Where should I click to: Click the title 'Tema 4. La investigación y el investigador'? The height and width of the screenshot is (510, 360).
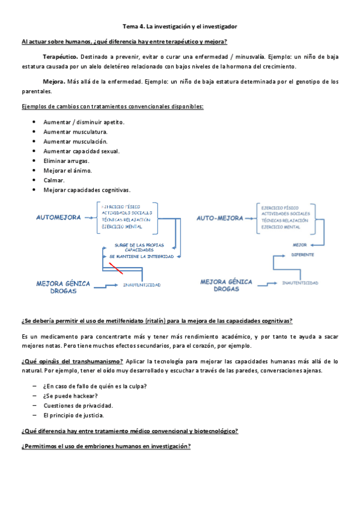point(180,27)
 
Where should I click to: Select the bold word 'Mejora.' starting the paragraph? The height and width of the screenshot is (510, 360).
point(54,81)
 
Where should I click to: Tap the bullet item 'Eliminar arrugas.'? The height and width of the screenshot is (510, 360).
point(66,161)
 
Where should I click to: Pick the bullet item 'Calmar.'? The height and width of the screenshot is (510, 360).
point(53,180)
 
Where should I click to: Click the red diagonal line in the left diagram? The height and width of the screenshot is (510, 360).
point(116,268)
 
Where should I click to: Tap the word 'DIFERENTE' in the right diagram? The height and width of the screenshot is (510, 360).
point(302,255)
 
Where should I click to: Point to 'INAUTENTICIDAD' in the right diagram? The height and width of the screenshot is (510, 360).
point(300,283)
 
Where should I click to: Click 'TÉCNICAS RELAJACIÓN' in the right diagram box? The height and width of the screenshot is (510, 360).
point(285,220)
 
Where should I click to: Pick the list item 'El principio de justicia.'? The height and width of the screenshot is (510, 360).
point(73,415)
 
